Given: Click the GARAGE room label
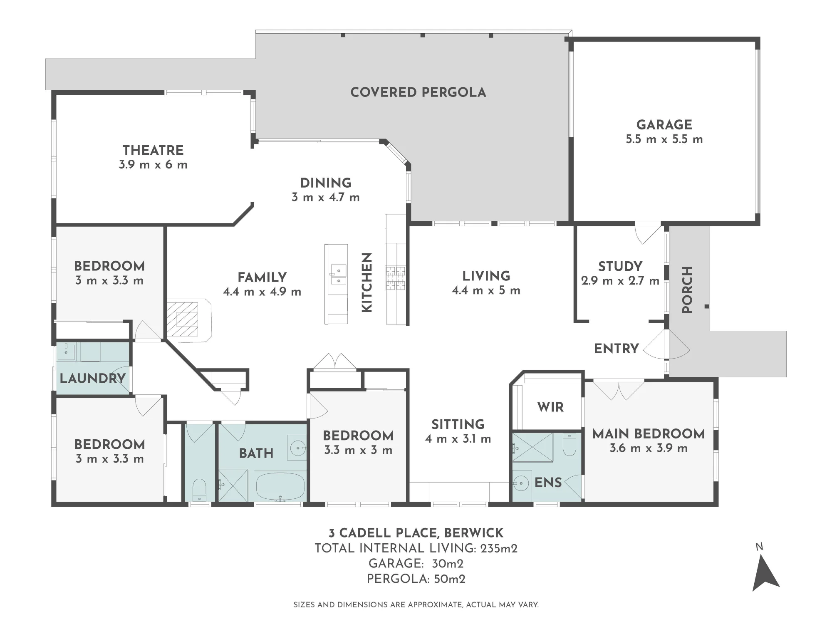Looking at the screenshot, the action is [x=664, y=124].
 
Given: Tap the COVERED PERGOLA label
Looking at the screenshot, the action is [x=418, y=92].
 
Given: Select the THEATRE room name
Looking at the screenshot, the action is [x=153, y=150].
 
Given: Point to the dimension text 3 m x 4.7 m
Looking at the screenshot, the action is [x=326, y=197].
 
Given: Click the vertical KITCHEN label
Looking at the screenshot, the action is [x=366, y=282].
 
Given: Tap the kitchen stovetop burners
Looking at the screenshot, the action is [x=395, y=278].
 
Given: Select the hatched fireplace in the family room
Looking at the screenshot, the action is [x=183, y=319].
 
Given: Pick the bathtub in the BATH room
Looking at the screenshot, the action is [x=280, y=486].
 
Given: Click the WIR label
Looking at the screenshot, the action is [x=550, y=407].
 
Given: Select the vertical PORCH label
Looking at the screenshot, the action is [x=687, y=290].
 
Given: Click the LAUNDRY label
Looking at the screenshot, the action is [x=92, y=378].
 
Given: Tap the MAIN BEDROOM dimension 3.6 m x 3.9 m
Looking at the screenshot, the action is [x=649, y=448].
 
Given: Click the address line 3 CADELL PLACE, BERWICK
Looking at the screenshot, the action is [x=416, y=533].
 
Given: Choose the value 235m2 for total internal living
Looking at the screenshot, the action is [x=499, y=548].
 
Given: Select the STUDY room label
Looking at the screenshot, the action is [x=620, y=266].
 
